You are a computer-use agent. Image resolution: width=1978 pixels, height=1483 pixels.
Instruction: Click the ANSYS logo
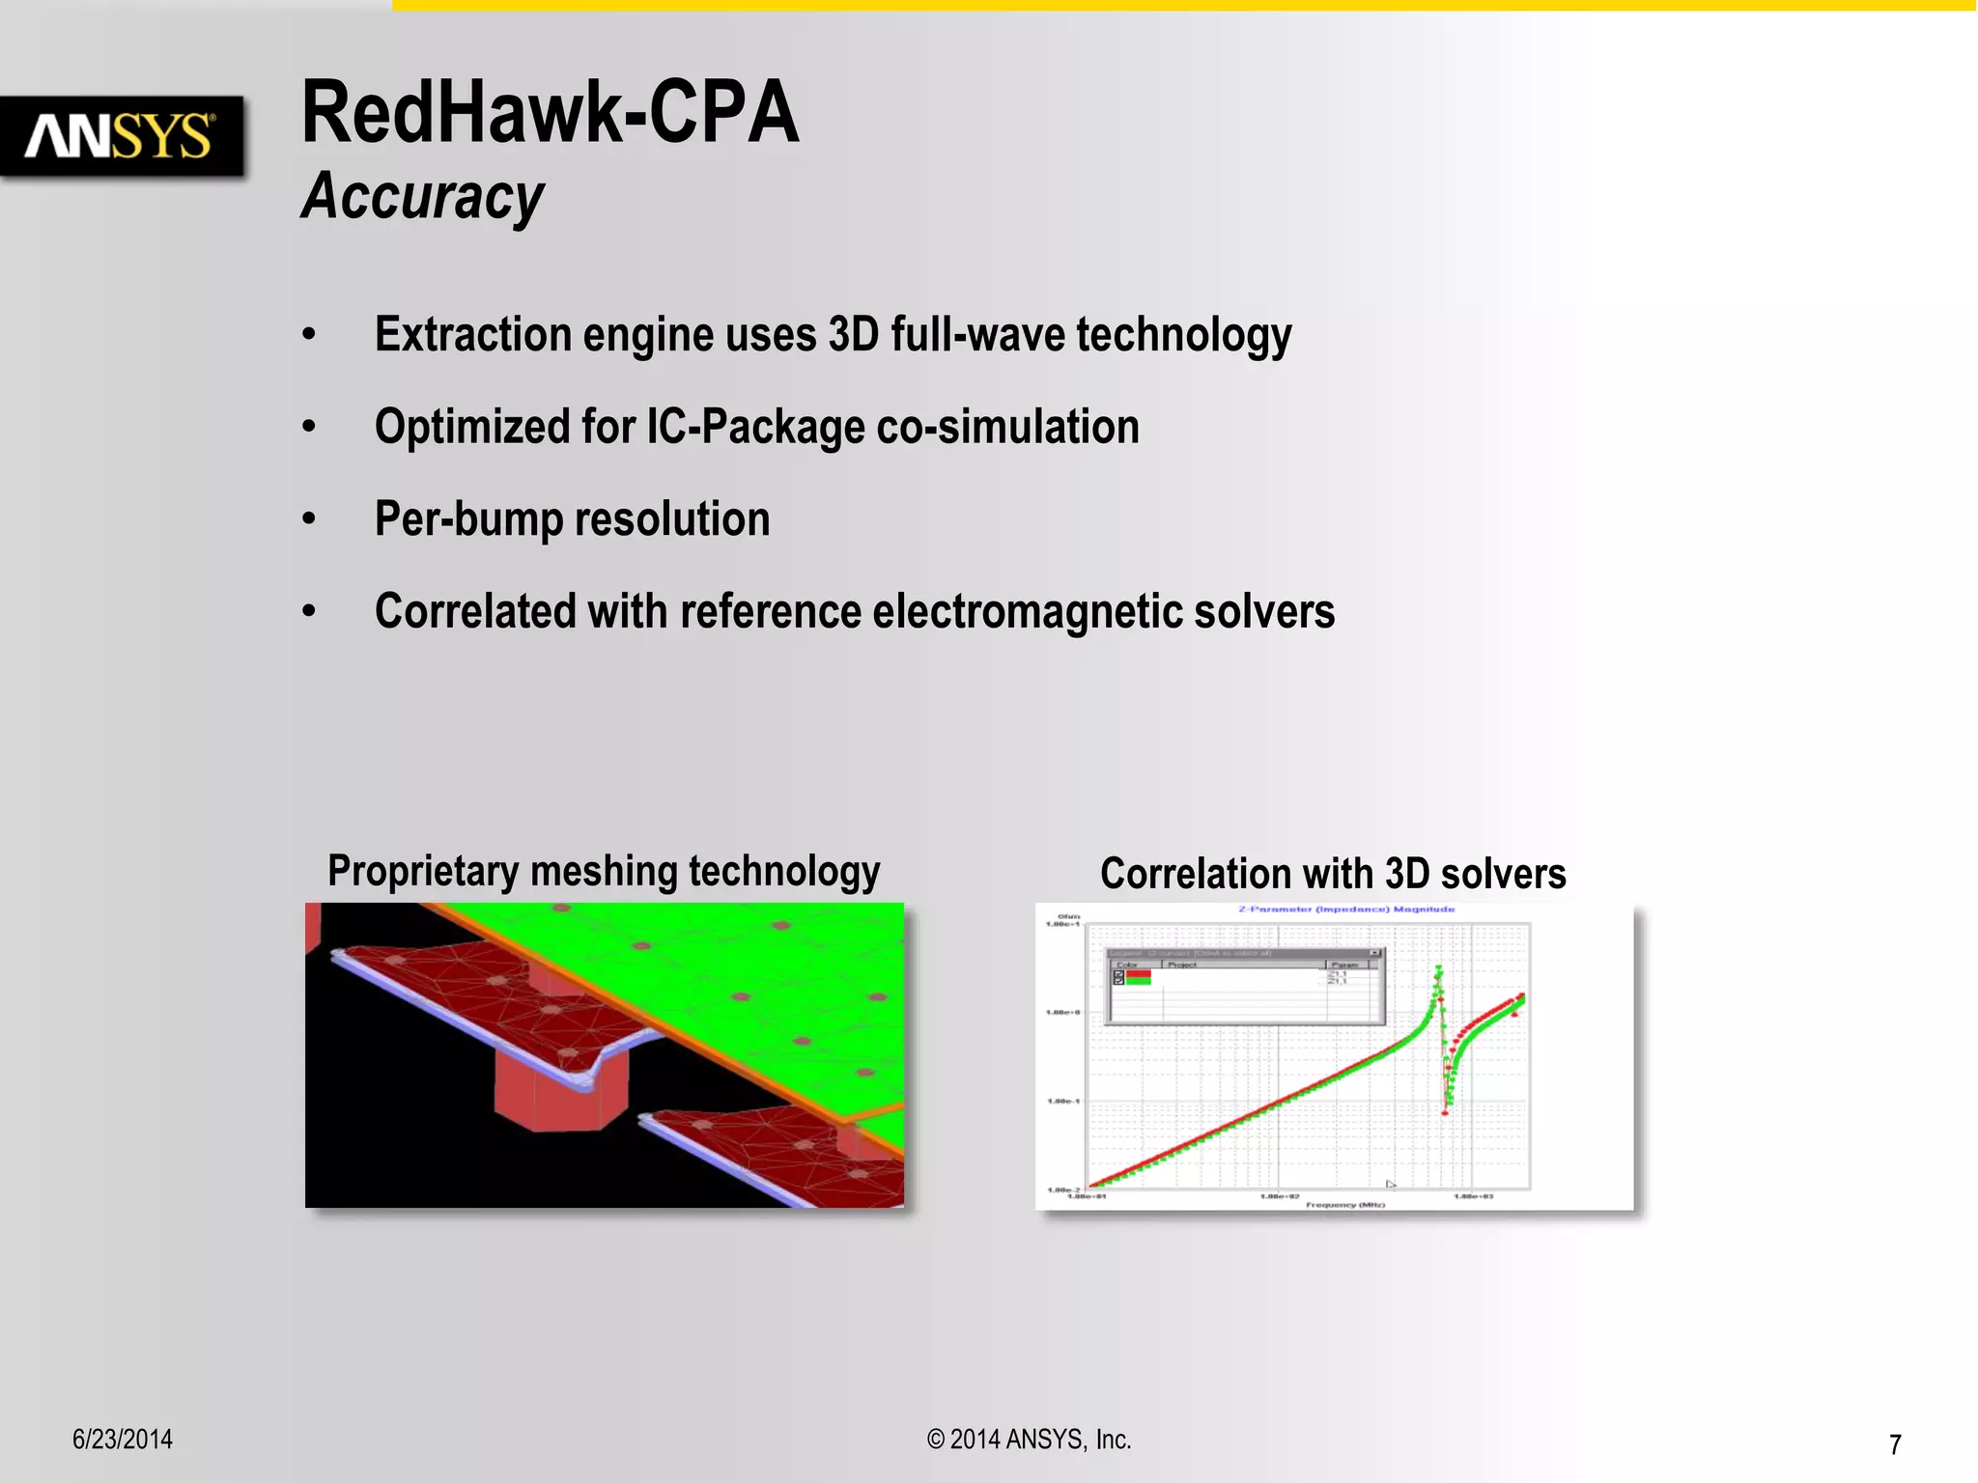121,136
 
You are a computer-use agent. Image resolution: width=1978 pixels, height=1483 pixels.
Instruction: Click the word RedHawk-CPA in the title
550,113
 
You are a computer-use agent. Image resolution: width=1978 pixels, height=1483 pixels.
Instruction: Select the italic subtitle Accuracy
423,196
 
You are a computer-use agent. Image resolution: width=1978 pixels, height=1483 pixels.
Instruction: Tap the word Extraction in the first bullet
473,335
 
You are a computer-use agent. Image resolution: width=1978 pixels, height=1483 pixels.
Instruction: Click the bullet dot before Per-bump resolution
309,519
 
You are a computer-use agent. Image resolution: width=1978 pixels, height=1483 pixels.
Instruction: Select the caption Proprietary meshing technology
604,871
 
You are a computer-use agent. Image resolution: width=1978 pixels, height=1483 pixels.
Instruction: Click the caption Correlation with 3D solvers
1333,874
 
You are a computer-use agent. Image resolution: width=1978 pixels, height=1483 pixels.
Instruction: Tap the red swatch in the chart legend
1138,975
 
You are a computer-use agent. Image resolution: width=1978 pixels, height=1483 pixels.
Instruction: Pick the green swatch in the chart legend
1138,982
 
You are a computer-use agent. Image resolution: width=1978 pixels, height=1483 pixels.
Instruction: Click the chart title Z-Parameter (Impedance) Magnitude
1346,909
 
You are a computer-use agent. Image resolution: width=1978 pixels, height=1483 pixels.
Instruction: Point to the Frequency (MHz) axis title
1345,1205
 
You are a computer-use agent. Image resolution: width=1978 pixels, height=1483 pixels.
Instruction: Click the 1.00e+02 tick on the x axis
1280,1197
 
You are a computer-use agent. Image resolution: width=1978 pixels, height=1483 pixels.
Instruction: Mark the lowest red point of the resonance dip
1445,1112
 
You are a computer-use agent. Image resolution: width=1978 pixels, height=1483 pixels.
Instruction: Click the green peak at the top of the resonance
1439,968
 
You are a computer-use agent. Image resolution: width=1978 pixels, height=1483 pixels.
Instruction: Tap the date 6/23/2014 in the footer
123,1440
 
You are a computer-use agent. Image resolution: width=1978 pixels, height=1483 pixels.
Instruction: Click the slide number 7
1895,1444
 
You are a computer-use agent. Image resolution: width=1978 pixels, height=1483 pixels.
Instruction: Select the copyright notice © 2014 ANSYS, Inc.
1029,1440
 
